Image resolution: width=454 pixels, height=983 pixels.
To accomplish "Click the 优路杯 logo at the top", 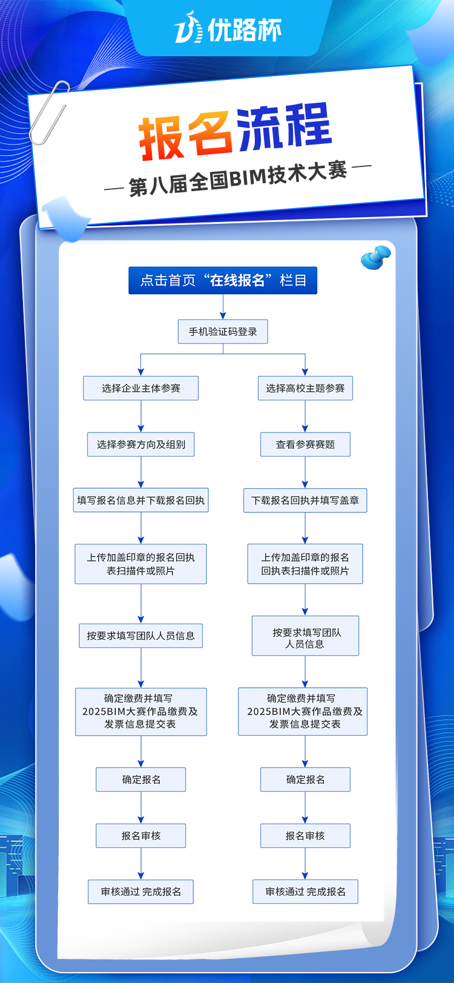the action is click(228, 29).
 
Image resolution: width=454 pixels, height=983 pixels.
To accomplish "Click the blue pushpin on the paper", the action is click(375, 258).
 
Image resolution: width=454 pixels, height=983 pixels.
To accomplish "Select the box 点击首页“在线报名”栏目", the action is click(223, 280).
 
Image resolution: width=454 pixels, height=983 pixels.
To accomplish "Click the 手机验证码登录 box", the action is click(223, 331).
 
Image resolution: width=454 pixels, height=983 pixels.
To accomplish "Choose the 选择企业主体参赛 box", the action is click(141, 388).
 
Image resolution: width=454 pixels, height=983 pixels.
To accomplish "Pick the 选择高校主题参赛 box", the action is click(305, 388).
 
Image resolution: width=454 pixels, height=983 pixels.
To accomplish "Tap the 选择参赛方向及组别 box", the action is click(141, 445).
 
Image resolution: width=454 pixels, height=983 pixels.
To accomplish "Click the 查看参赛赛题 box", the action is click(305, 445).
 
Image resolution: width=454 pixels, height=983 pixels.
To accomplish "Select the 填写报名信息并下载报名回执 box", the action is click(141, 500).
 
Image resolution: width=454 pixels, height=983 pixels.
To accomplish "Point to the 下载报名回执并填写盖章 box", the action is click(305, 500).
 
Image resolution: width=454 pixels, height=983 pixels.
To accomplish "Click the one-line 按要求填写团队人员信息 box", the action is click(141, 635).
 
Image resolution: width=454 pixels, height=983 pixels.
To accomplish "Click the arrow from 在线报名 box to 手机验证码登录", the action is click(223, 307).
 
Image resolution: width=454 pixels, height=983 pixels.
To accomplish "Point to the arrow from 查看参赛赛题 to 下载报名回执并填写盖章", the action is click(305, 472).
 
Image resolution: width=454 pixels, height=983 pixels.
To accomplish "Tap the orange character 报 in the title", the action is click(160, 139).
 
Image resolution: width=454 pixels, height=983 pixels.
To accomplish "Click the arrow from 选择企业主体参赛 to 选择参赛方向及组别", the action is click(141, 416).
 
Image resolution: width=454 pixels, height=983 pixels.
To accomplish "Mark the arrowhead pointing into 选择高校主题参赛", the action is click(305, 371).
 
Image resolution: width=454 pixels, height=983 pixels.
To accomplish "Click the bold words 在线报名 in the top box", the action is click(237, 280).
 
